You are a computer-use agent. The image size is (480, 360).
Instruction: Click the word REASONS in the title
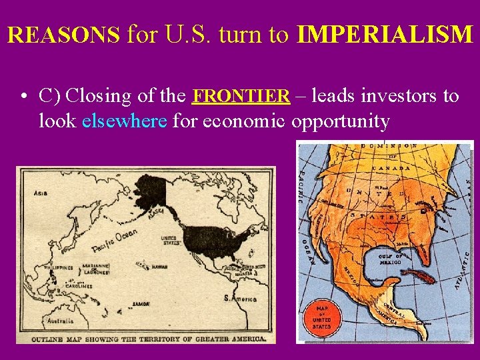pyautogui.click(x=64, y=35)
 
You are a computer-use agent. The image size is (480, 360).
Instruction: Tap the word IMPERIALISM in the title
pyautogui.click(x=385, y=35)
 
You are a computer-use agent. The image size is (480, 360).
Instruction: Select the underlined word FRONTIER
pyautogui.click(x=241, y=96)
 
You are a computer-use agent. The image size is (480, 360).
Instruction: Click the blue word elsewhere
pyautogui.click(x=124, y=122)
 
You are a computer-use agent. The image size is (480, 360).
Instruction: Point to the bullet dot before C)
pyautogui.click(x=23, y=97)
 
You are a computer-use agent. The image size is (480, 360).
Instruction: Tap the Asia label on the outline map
pyautogui.click(x=41, y=193)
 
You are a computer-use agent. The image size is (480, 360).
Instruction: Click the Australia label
pyautogui.click(x=43, y=321)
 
